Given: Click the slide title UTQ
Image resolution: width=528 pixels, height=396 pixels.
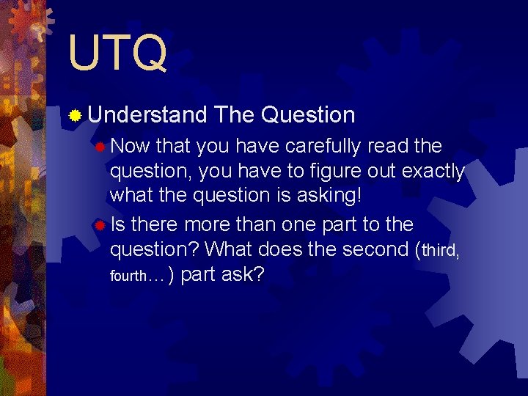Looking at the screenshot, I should click(117, 52).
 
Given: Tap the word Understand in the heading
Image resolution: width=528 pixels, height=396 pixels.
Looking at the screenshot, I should click(147, 115).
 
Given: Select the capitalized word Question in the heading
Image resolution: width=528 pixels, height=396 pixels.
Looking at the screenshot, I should click(308, 115).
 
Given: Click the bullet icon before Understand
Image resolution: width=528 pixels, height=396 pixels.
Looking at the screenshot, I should click(75, 115).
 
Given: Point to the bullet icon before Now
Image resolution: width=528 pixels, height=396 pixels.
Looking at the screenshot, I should click(100, 147).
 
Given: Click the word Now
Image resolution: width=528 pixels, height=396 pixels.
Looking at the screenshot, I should click(133, 147).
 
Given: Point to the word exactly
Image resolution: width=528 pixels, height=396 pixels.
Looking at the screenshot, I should click(429, 172).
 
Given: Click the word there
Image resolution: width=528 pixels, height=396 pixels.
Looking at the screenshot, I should click(155, 224).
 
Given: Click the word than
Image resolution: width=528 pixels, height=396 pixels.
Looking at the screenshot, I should click(261, 224).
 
